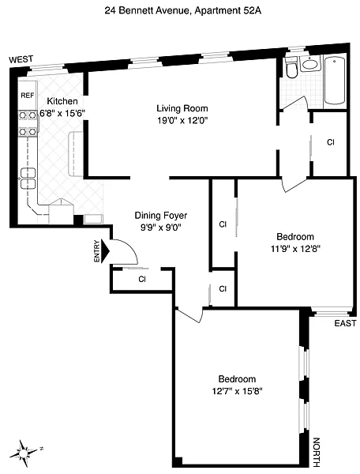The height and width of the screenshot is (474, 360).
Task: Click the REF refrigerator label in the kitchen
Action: [x=27, y=96]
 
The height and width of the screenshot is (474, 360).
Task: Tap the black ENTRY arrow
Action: [x=105, y=251]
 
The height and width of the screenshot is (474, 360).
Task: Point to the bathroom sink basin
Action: [x=309, y=64]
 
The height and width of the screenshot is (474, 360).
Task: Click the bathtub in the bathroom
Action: [x=335, y=81]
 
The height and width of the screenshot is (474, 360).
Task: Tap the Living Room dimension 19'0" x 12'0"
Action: [x=182, y=121]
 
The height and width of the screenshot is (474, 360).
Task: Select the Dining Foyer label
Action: [x=161, y=216]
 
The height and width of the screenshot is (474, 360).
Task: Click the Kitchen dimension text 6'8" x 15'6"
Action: [x=62, y=113]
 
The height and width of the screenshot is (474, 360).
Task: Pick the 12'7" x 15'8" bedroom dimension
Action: [x=237, y=391]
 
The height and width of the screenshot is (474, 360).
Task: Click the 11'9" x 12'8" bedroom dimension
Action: [x=295, y=249]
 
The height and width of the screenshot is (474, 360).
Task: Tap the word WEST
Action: [x=21, y=59]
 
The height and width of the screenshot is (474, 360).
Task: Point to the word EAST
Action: [x=345, y=323]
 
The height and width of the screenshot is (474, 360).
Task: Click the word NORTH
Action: [x=316, y=452]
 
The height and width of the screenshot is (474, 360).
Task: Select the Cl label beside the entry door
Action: [x=142, y=279]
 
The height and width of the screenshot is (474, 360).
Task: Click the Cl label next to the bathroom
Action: [x=331, y=142]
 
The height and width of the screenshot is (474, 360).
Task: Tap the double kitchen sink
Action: [x=28, y=179]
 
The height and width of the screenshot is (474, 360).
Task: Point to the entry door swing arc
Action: [x=129, y=247]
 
